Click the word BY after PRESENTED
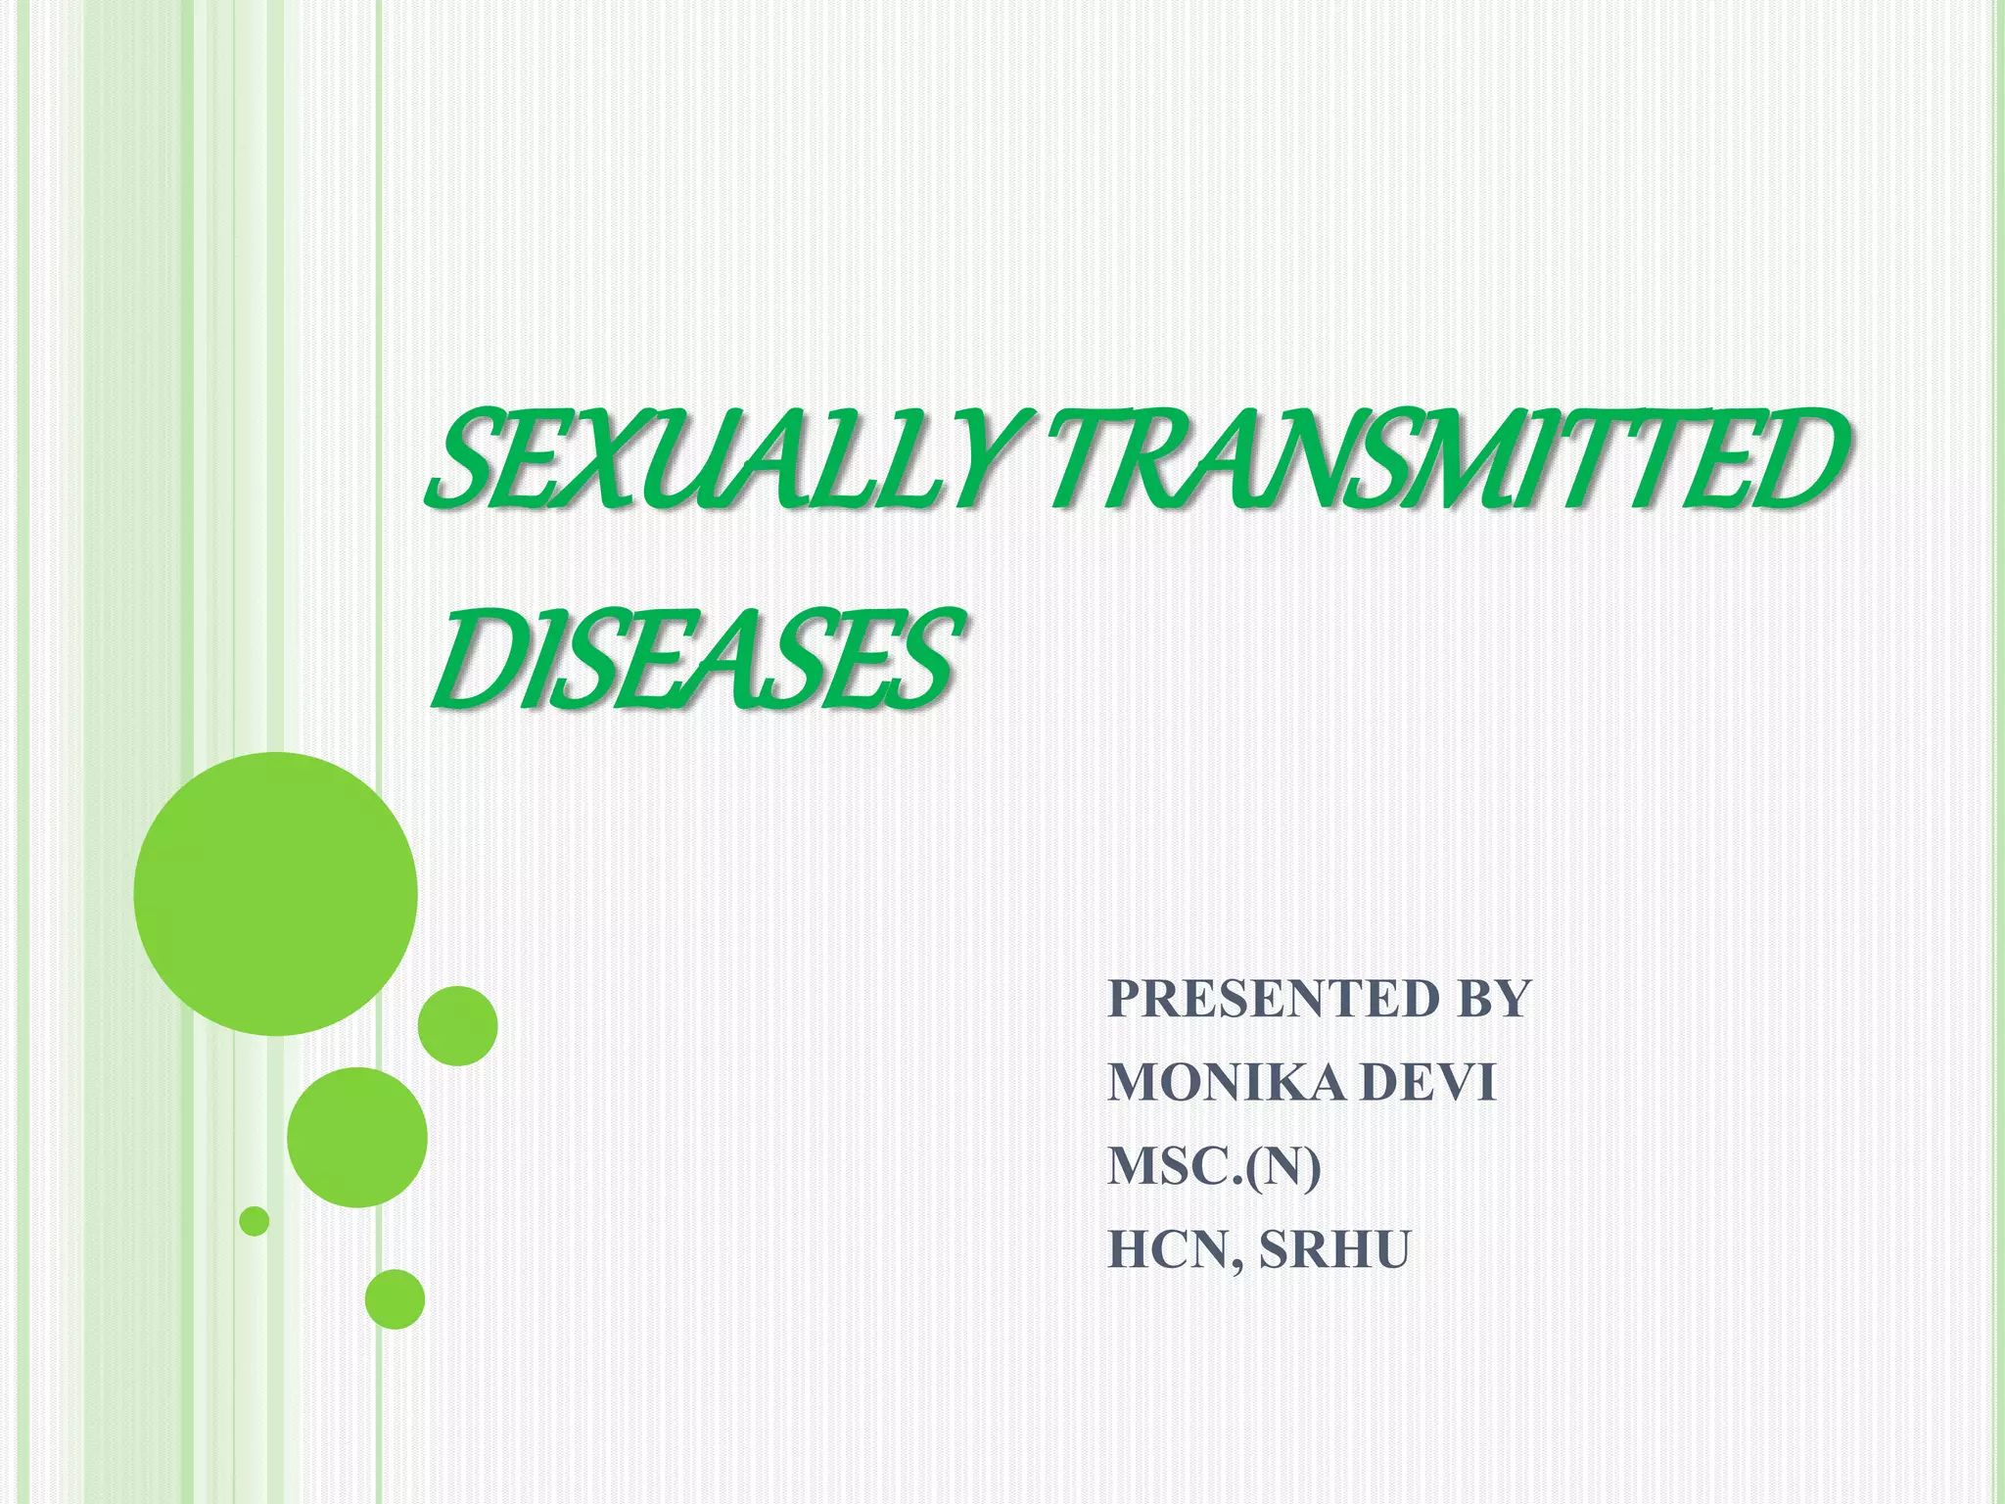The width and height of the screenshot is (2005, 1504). tap(1493, 999)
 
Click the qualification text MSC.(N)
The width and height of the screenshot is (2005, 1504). tap(1214, 1167)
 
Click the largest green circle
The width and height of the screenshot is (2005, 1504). tap(276, 893)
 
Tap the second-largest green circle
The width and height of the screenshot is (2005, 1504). tap(357, 1137)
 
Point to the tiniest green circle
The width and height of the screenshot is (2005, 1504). tap(255, 1221)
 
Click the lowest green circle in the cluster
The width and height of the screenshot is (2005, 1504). tap(395, 1299)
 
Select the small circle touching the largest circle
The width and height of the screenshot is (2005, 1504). tap(457, 1025)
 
